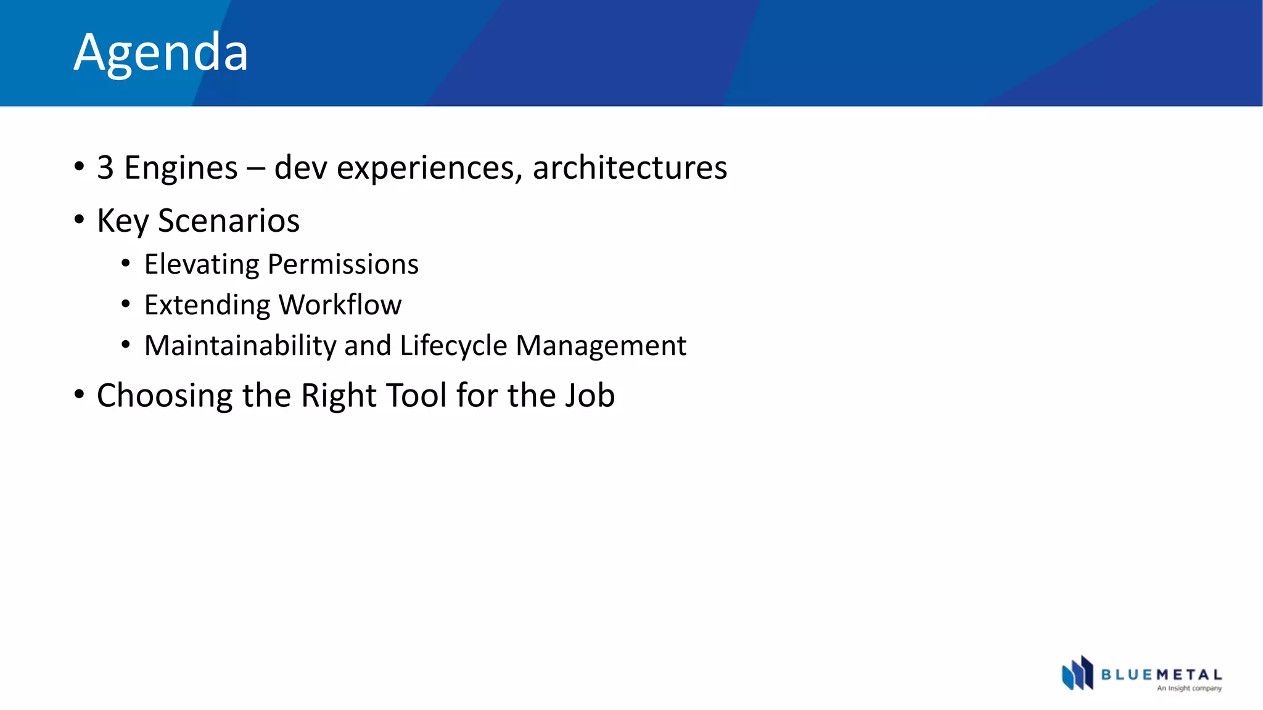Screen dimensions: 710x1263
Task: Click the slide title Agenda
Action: tap(161, 52)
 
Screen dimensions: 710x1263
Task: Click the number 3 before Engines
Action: tap(105, 168)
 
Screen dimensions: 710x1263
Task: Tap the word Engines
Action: tap(181, 168)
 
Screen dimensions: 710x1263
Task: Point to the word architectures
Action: tap(630, 168)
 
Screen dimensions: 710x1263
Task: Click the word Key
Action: tap(123, 221)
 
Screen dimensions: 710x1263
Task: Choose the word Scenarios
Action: tap(229, 221)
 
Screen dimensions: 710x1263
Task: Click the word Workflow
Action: tap(340, 305)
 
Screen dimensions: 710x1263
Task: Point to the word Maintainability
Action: tap(241, 346)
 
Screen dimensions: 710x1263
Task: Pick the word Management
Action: tap(601, 346)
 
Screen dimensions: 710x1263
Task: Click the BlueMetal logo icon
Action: tap(1077, 673)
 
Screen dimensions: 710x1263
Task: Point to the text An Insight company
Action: tap(1189, 688)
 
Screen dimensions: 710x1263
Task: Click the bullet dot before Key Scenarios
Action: tap(79, 219)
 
